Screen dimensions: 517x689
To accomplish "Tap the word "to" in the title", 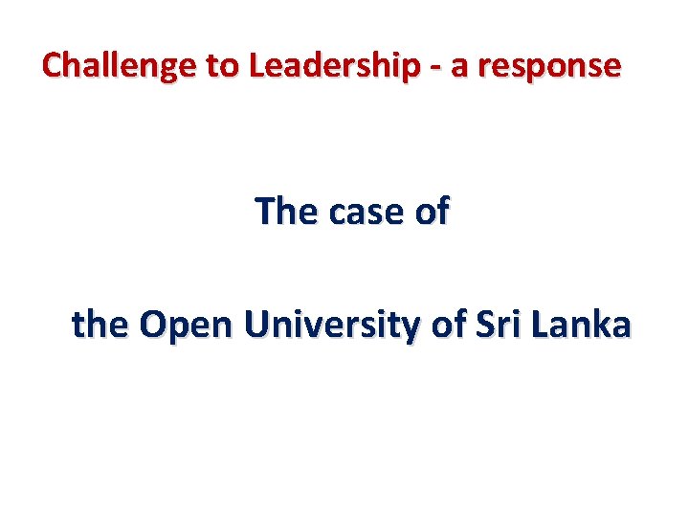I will [217, 66].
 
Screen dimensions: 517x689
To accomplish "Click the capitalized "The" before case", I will [287, 212].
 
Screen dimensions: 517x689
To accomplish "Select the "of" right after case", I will [432, 212].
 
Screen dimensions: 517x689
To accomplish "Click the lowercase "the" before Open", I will [100, 326].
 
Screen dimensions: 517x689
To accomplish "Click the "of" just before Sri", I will [449, 326].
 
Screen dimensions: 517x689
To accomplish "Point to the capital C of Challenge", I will [54, 66].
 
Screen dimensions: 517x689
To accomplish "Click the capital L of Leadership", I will [256, 66].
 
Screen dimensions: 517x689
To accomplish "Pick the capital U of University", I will [256, 326].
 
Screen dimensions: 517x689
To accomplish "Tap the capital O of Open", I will [154, 326].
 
